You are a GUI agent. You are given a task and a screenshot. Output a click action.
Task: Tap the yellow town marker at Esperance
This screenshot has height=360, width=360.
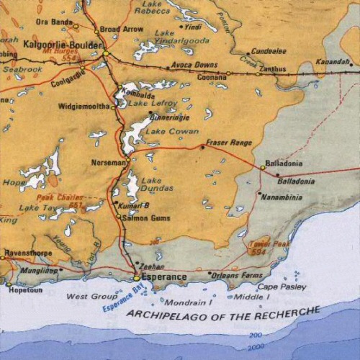(x=136, y=277)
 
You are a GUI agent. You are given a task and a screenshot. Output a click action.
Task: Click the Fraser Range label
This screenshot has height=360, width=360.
(x=229, y=143)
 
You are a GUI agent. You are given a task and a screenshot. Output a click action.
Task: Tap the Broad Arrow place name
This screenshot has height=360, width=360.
(x=121, y=30)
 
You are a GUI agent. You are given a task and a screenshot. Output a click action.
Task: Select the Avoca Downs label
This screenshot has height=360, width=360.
(x=194, y=65)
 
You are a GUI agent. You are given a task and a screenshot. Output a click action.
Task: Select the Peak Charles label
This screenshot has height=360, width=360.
(x=60, y=196)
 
